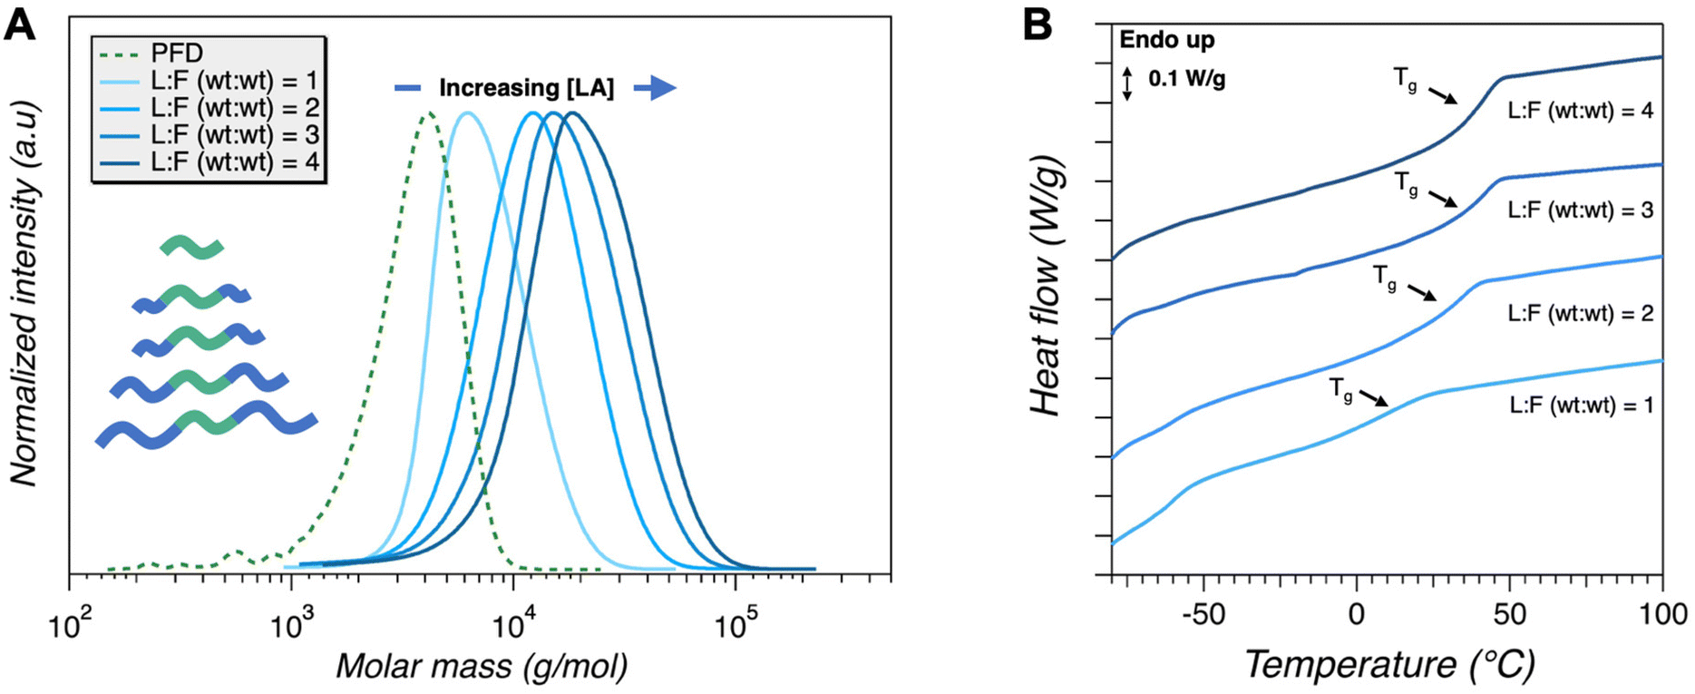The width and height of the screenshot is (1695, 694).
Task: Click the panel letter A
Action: [x=20, y=24]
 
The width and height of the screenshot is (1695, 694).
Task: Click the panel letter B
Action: [x=1037, y=24]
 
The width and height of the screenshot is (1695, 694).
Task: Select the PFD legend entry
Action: [x=177, y=54]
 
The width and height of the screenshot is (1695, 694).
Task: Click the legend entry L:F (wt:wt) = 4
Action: [x=235, y=161]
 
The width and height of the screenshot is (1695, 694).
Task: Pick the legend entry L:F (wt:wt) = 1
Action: [x=235, y=81]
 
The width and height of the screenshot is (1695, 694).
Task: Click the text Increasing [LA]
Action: [x=526, y=88]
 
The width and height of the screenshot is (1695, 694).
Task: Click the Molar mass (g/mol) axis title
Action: [x=482, y=667]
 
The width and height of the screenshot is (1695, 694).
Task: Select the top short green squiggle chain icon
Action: [x=191, y=247]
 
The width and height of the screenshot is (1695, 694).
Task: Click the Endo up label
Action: [x=1166, y=40]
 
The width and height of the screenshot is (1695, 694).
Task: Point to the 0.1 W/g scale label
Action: [x=1186, y=79]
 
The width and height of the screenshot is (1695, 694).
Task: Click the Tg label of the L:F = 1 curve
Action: [x=1341, y=389]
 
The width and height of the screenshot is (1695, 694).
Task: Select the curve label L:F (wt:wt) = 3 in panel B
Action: [x=1580, y=210]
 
